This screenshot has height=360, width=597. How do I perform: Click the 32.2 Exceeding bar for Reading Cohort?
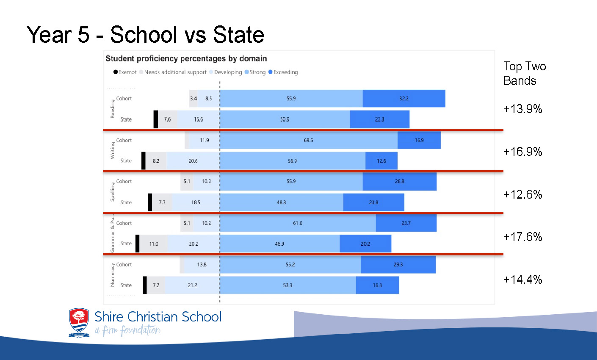tap(404, 99)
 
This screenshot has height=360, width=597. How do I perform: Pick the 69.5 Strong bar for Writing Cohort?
tap(309, 140)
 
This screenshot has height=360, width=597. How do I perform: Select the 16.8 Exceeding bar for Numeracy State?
tap(377, 285)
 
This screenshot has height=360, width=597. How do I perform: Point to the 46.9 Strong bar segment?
tap(280, 244)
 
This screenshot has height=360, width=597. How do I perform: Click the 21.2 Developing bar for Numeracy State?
tap(192, 285)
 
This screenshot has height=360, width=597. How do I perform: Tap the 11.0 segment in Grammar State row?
tap(153, 244)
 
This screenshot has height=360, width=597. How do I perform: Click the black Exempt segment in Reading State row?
tap(156, 119)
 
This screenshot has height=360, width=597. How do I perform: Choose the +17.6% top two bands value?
tap(522, 237)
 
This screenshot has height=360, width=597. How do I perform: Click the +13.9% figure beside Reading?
tap(522, 109)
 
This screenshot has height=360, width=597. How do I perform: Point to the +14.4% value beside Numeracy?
tap(522, 280)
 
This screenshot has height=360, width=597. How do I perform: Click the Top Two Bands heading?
tap(524, 73)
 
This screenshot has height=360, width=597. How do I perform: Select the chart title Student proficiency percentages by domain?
tap(186, 58)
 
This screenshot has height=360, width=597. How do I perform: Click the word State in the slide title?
tap(238, 34)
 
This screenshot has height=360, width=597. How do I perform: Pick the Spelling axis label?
tap(113, 192)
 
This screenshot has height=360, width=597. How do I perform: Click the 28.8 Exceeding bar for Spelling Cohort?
tap(399, 181)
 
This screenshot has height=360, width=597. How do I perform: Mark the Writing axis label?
tap(113, 150)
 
